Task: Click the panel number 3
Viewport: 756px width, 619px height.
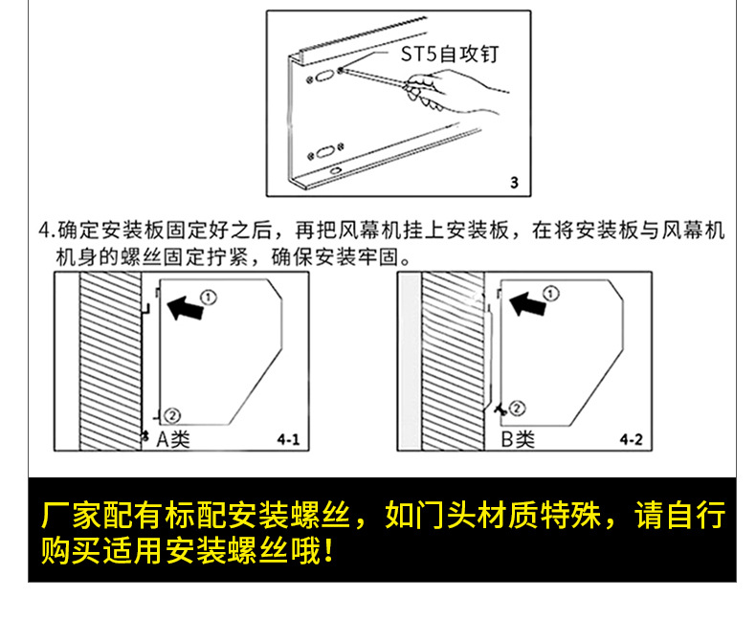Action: click(514, 182)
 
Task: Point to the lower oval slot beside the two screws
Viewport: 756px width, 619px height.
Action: click(326, 152)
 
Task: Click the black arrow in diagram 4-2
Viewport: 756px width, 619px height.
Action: click(529, 304)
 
